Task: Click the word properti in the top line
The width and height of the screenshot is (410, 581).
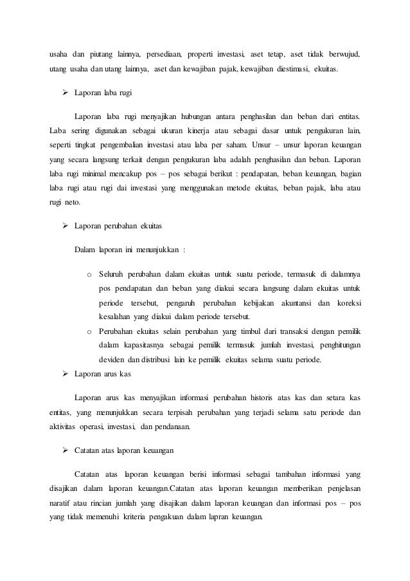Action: tap(201, 53)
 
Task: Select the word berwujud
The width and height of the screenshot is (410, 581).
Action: tap(343, 53)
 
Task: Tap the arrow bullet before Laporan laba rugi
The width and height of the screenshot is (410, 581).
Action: tap(65, 94)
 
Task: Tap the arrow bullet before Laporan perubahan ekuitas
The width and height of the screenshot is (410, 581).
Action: tap(65, 227)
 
